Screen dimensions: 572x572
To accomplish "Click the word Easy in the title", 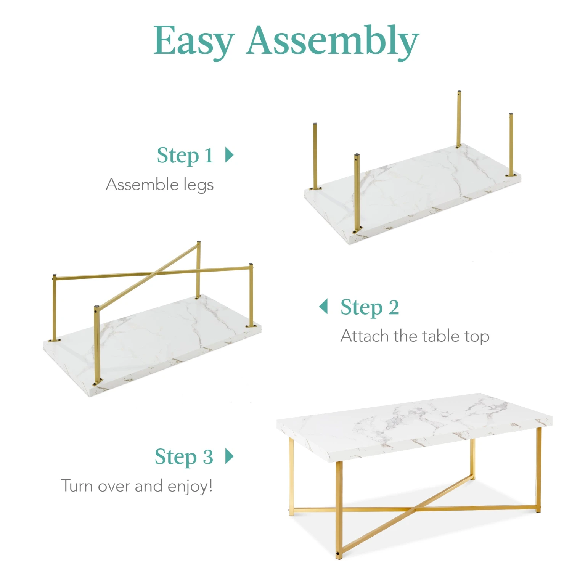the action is pyautogui.click(x=194, y=41).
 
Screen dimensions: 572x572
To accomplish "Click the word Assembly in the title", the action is pyautogui.click(x=333, y=41).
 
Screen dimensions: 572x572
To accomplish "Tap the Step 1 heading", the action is pyautogui.click(x=185, y=156).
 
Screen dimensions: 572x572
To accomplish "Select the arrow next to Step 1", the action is pyautogui.click(x=229, y=155).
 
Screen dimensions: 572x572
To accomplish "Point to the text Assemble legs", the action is pyautogui.click(x=159, y=185).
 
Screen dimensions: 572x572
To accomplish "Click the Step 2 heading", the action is pyautogui.click(x=370, y=307).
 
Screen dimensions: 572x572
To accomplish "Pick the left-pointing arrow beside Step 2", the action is pyautogui.click(x=323, y=306).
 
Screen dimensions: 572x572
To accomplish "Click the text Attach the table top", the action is pyautogui.click(x=415, y=336).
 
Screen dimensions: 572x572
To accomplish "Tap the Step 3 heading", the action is pyautogui.click(x=184, y=457).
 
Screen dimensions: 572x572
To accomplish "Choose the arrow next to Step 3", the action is pyautogui.click(x=229, y=456).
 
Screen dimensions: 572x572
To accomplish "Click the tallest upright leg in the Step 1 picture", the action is pyautogui.click(x=459, y=119).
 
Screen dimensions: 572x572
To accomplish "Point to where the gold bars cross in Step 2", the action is pyautogui.click(x=156, y=273).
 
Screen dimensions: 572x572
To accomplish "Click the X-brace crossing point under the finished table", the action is pyautogui.click(x=416, y=508).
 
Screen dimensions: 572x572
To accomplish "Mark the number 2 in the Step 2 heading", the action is pyautogui.click(x=394, y=307).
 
